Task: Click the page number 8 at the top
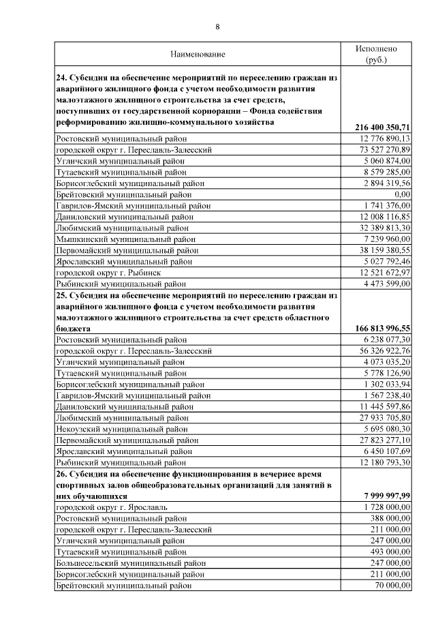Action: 217,27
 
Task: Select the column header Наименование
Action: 198,53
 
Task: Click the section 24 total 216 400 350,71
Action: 382,127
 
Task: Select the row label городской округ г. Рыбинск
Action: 108,272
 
